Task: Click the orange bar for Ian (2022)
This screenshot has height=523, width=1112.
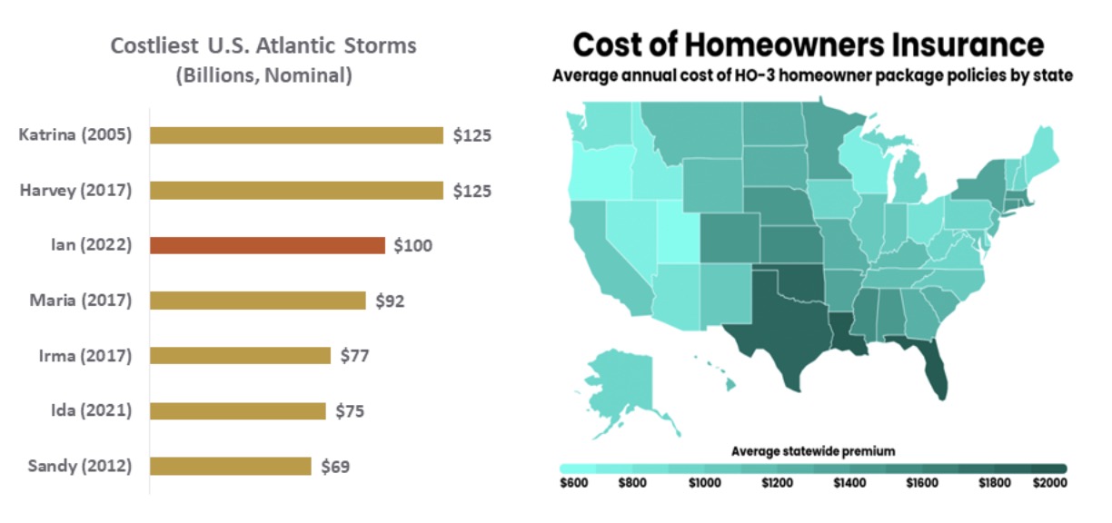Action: click(x=267, y=245)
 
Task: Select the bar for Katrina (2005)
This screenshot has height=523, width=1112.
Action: click(x=296, y=135)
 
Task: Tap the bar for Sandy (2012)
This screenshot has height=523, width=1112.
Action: click(x=230, y=466)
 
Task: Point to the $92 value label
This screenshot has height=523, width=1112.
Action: click(x=390, y=301)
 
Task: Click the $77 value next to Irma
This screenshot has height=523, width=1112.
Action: click(x=354, y=356)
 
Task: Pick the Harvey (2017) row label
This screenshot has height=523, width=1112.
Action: click(x=75, y=191)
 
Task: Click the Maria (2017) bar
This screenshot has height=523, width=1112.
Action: click(x=257, y=301)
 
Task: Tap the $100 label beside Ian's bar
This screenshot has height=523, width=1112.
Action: click(x=412, y=245)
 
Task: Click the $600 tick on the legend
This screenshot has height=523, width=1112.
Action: click(x=574, y=482)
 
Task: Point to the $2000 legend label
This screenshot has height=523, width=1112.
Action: click(x=1048, y=482)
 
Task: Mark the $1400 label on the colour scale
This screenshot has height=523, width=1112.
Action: click(x=850, y=482)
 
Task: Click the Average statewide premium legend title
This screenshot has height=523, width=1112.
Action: click(x=812, y=451)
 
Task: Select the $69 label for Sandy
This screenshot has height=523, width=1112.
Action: click(x=335, y=467)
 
